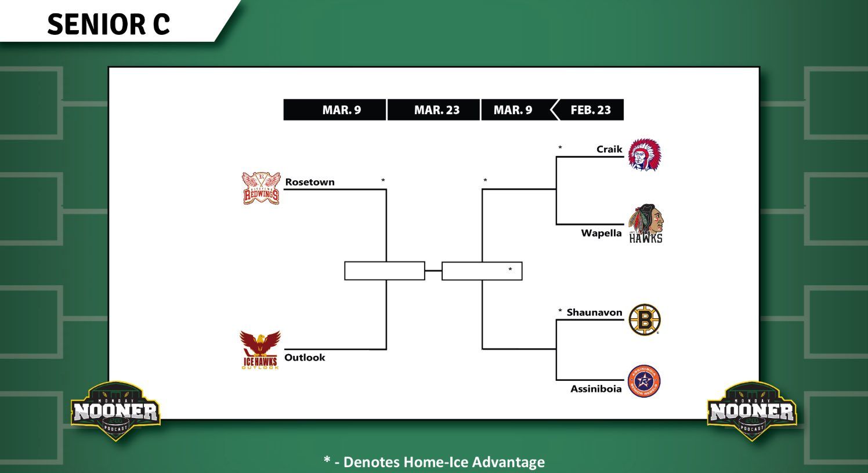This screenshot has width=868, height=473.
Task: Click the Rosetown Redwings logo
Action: point(261,188)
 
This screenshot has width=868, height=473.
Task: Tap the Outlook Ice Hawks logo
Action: point(260,350)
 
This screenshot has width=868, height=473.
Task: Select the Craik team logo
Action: point(644,155)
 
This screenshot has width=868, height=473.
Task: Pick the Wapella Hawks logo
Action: point(645,224)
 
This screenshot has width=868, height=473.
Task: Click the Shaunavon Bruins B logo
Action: point(644,319)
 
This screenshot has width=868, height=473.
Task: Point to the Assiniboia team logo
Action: point(644,381)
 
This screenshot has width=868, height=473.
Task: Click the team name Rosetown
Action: point(310,182)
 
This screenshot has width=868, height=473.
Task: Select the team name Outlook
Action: point(305,358)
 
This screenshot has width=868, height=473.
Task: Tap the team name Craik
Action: point(609,150)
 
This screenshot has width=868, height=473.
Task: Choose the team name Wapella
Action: point(601,233)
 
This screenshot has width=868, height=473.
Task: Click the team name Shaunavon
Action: point(594,312)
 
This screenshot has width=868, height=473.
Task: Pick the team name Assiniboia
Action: point(596,389)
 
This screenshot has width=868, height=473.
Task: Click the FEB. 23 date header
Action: point(591,110)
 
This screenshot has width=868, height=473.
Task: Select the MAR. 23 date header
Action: point(436,110)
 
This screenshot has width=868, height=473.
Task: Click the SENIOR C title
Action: point(108,24)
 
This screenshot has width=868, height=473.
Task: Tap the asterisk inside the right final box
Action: point(510,270)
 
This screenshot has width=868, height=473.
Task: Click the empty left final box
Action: point(384,271)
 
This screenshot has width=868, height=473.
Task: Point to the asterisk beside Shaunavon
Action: point(560,312)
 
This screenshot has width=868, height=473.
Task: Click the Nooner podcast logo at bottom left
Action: point(115,411)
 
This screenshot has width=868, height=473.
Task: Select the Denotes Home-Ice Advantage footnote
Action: point(434,462)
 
